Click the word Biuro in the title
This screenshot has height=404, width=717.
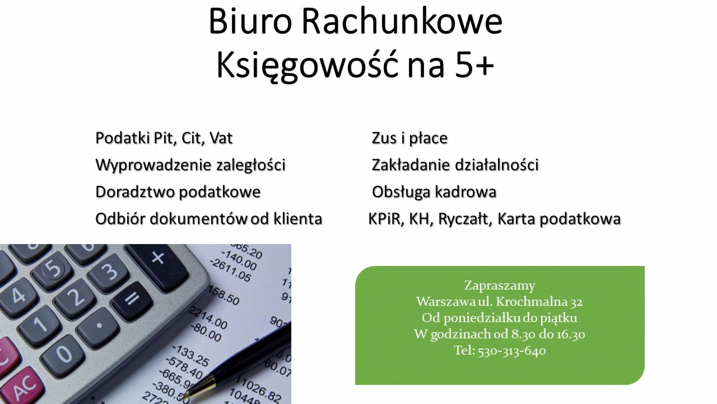coord(250,21)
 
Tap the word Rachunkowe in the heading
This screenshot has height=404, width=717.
coord(402,21)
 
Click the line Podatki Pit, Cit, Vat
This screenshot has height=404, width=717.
coord(164,139)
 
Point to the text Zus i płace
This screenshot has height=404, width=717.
coord(409,139)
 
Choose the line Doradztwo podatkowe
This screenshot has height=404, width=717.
coord(178,192)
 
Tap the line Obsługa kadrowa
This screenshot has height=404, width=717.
coord(434,192)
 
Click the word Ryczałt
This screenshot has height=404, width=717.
coord(463,219)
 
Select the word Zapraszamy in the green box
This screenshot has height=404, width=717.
coord(500,285)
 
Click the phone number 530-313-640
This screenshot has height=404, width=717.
coord(511,351)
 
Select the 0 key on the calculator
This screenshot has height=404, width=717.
coord(63,355)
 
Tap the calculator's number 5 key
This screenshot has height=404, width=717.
coord(53,268)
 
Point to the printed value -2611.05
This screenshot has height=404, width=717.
coord(230,270)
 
